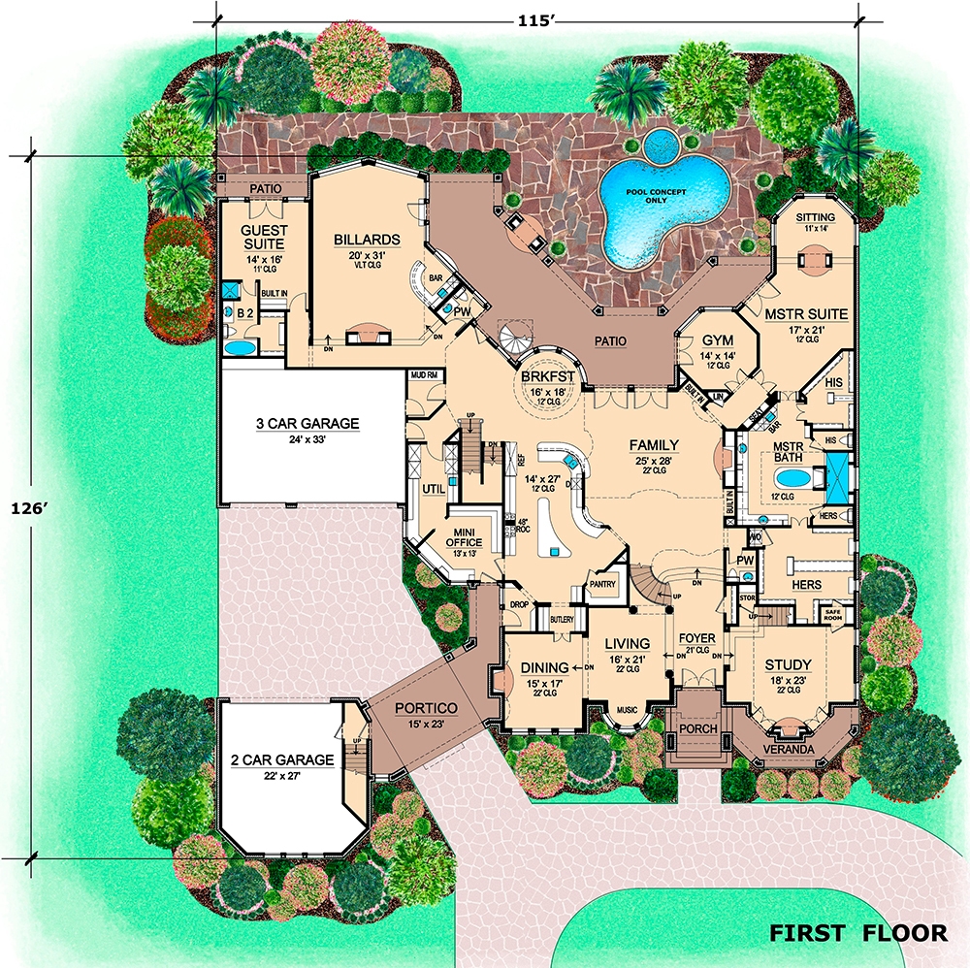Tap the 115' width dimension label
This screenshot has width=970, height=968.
click(x=533, y=21)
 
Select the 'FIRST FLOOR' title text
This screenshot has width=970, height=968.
click(x=857, y=933)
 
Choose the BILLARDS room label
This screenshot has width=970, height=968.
click(x=368, y=240)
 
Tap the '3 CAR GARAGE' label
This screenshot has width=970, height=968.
click(x=307, y=423)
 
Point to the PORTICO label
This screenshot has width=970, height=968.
click(x=426, y=708)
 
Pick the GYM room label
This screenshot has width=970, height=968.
click(x=717, y=339)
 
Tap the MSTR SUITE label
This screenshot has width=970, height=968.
click(x=806, y=313)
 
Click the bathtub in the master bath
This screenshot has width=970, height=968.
click(x=792, y=477)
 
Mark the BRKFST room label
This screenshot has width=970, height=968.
click(x=548, y=376)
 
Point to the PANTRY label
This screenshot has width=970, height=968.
click(x=601, y=584)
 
